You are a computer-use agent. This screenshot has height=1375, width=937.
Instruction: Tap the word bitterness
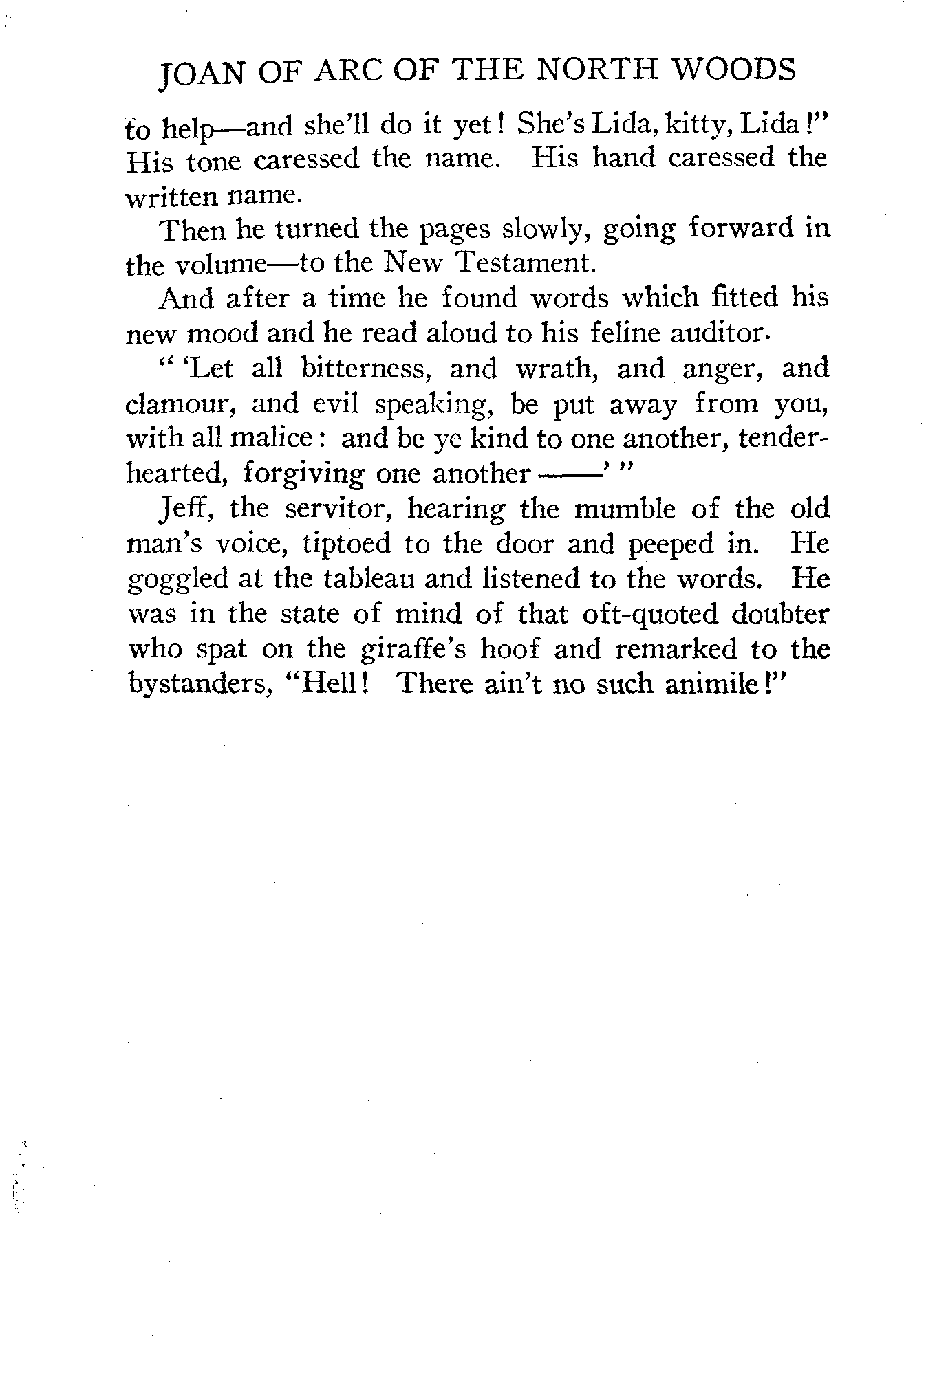[x=367, y=368]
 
